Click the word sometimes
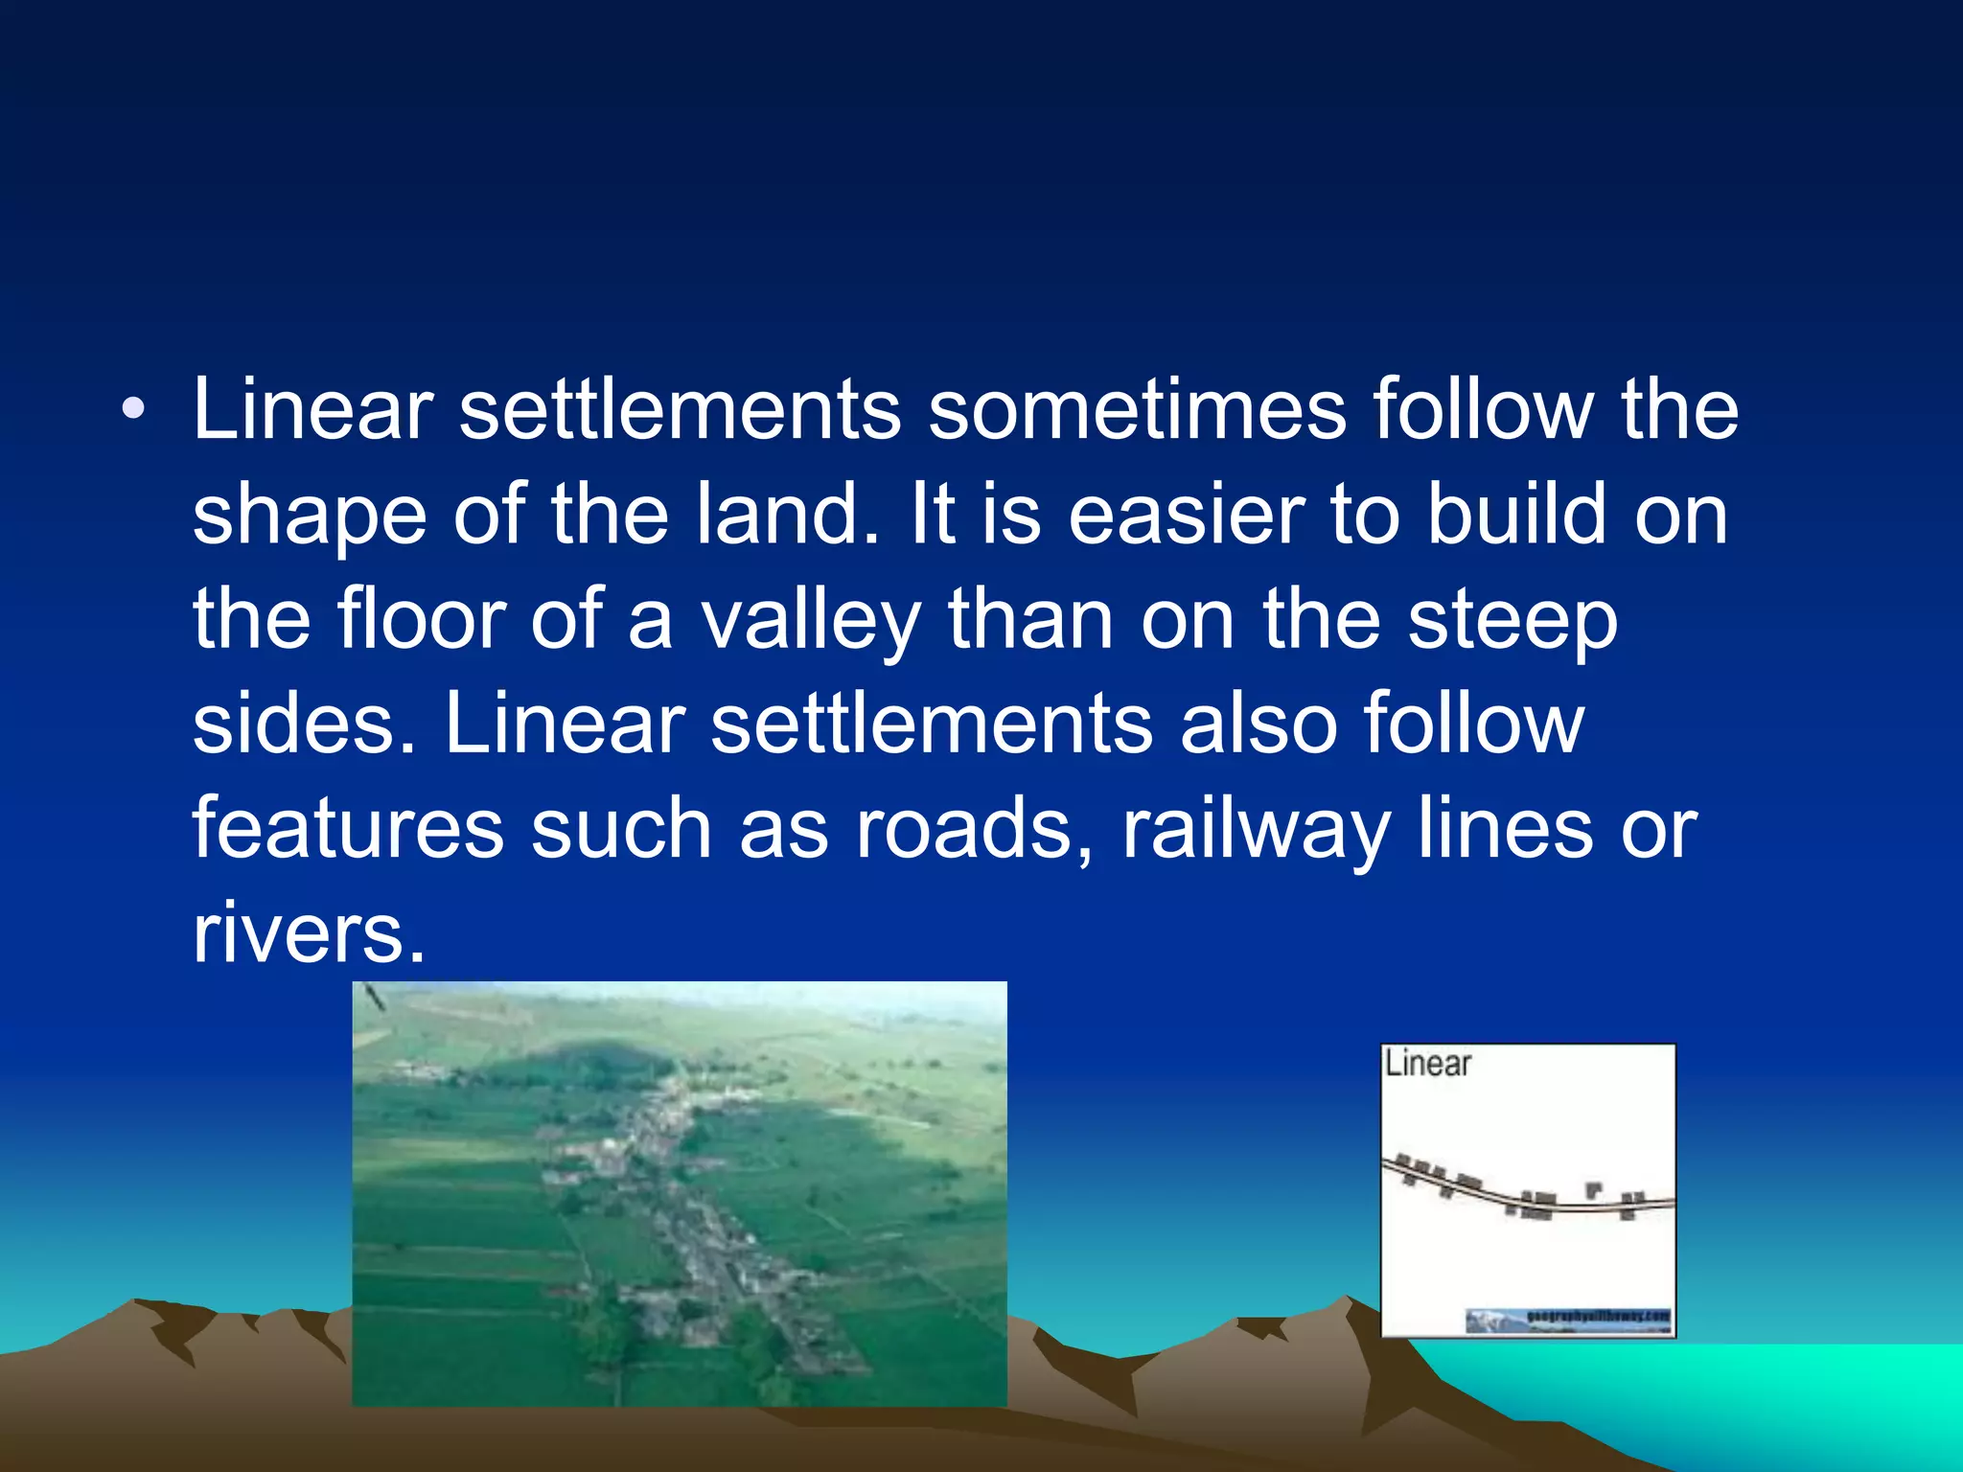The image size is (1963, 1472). [x=1137, y=410]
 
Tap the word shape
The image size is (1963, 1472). [x=310, y=517]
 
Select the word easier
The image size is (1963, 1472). [x=1187, y=515]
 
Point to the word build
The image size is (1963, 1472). [x=1516, y=515]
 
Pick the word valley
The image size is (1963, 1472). [x=811, y=621]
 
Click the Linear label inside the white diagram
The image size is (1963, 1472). [x=1427, y=1064]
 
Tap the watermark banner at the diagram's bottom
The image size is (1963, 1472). [x=1568, y=1321]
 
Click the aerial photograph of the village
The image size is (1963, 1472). [x=680, y=1193]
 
